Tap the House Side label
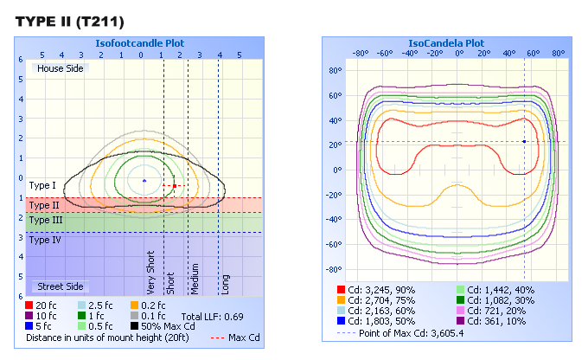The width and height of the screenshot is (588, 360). tap(59, 68)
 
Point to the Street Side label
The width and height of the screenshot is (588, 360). tap(59, 286)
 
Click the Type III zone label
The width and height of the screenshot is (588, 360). tap(44, 221)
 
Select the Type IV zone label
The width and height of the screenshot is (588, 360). tap(44, 240)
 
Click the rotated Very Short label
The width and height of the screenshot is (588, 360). tap(152, 273)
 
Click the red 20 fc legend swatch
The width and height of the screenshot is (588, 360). tap(30, 305)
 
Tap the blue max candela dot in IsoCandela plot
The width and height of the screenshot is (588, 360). tap(524, 141)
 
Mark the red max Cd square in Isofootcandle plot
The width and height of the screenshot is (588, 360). tap(174, 185)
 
